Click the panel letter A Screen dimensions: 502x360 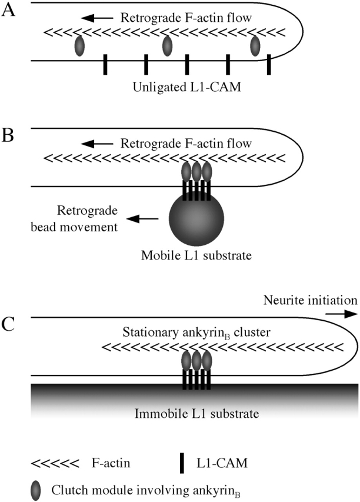point(8,12)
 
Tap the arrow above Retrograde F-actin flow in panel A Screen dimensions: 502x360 point(100,19)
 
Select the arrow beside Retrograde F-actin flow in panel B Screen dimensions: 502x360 point(100,143)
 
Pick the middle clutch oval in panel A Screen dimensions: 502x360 point(167,45)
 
